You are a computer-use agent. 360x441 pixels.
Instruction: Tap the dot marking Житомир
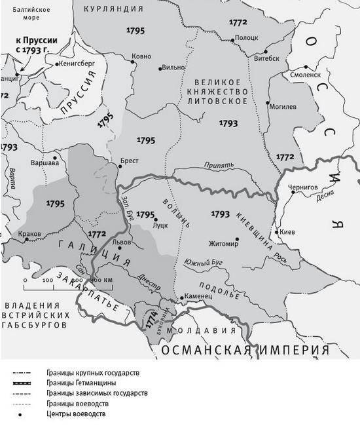pyautogui.click(x=237, y=240)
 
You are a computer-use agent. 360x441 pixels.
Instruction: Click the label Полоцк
pyautogui.click(x=246, y=39)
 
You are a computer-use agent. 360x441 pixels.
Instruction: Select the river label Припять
pyautogui.click(x=218, y=166)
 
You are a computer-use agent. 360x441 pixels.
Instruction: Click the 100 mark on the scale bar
pyautogui.click(x=48, y=280)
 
